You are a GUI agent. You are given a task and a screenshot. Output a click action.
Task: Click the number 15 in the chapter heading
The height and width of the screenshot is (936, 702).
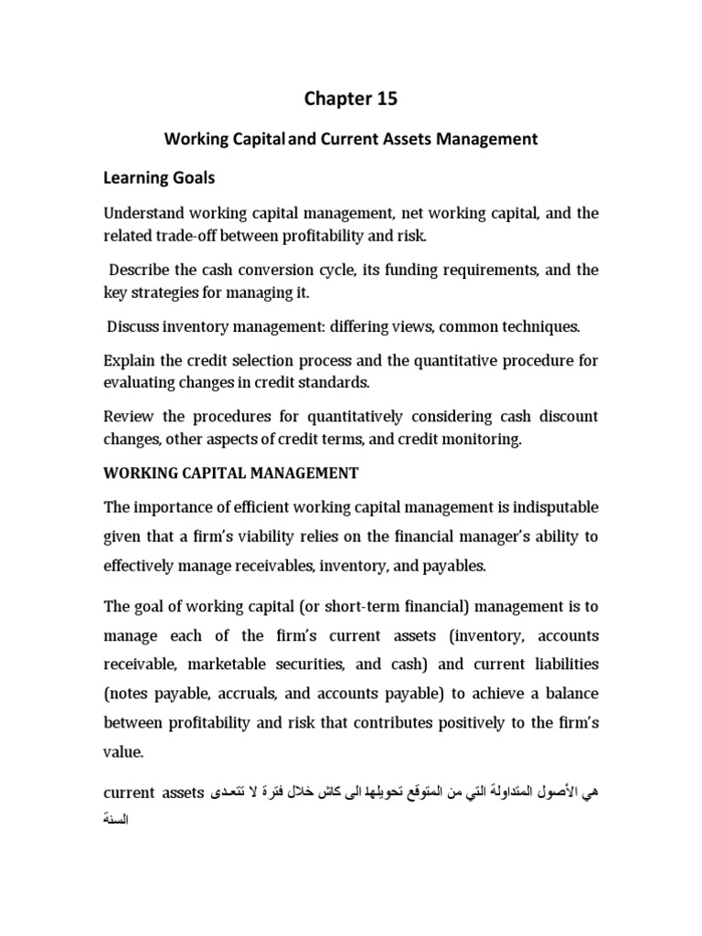pyautogui.click(x=387, y=99)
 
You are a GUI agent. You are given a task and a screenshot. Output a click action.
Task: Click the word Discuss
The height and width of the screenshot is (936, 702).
pyautogui.click(x=133, y=325)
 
